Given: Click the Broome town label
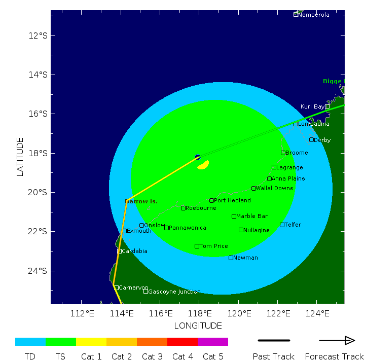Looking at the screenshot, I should (296, 153).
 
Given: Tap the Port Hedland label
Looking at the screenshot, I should (232, 200).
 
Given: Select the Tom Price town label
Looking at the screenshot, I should (213, 246).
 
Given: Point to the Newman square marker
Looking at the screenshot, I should (231, 258).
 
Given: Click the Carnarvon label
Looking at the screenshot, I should (133, 287).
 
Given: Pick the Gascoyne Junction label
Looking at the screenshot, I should (174, 292).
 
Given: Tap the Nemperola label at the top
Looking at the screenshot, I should (314, 15).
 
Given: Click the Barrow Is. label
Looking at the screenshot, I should (141, 201).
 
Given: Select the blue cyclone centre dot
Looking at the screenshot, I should (198, 157).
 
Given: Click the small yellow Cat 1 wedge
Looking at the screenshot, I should (203, 165).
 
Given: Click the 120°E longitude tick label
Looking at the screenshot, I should (238, 313).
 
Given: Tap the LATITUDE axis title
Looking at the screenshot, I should (20, 156).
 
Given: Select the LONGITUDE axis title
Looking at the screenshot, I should (198, 326).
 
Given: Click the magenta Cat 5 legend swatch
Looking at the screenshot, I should (213, 342).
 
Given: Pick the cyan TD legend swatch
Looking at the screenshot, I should (30, 342).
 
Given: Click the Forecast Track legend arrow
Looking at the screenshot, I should (336, 340).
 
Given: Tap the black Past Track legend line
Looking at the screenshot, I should (274, 340).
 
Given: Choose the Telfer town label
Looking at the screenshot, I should (293, 225).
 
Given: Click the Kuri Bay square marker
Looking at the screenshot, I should (327, 106).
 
